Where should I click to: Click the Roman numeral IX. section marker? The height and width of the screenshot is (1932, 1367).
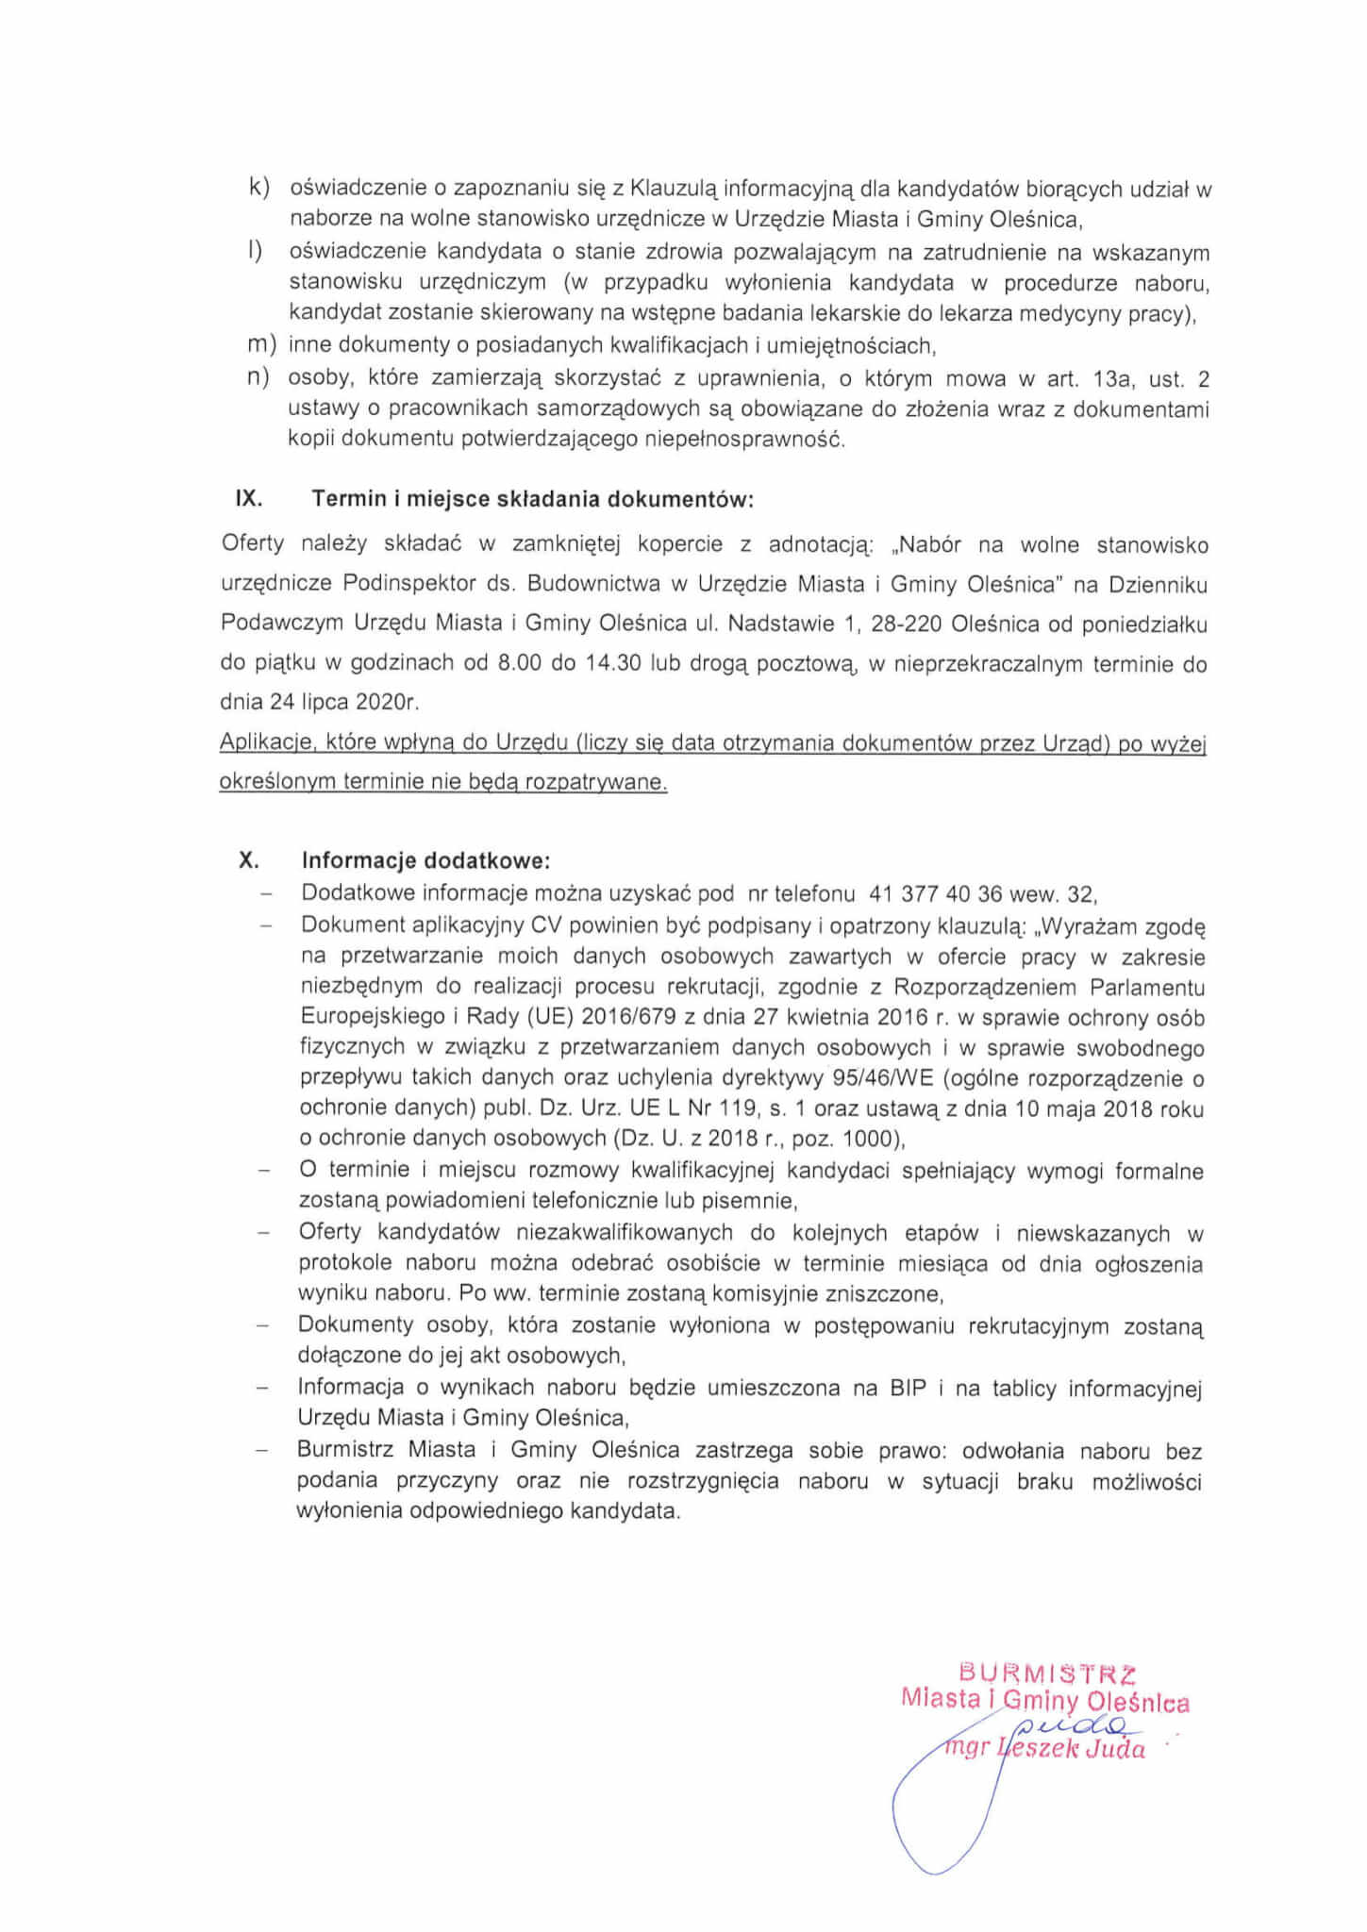coord(248,498)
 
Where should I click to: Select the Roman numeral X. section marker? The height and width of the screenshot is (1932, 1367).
coord(249,860)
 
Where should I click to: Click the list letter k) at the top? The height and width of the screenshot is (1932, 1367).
coord(258,188)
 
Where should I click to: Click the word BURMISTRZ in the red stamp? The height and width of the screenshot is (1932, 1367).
coord(1047,1674)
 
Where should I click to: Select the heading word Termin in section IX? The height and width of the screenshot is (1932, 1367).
coord(349,498)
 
